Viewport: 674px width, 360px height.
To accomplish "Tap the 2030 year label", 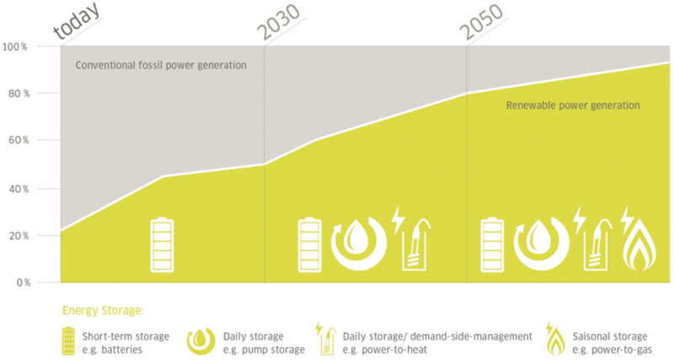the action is pyautogui.click(x=280, y=22).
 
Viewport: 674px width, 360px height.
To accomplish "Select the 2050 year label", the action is pyautogui.click(x=481, y=22).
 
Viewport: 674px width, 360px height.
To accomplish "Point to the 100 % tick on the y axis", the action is pyautogui.click(x=14, y=47).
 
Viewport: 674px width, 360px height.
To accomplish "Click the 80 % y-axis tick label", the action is pyautogui.click(x=19, y=94).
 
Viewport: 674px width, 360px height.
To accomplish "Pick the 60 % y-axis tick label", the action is pyautogui.click(x=19, y=140).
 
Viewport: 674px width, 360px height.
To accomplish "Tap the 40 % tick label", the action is pyautogui.click(x=19, y=189).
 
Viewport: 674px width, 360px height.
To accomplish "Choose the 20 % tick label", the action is pyautogui.click(x=19, y=236).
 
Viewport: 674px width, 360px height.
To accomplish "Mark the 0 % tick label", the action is pyautogui.click(x=24, y=282).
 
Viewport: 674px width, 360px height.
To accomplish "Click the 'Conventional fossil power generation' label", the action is pyautogui.click(x=161, y=66).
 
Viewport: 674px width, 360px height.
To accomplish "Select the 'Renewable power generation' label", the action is pyautogui.click(x=573, y=105).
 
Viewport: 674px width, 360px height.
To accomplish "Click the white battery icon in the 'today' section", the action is pyautogui.click(x=162, y=244).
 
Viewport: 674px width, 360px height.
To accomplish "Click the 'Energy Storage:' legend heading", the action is pyautogui.click(x=102, y=310).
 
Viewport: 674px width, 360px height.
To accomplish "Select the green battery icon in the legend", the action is pyautogui.click(x=68, y=341).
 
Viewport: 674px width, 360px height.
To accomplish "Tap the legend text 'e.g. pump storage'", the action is pyautogui.click(x=264, y=350).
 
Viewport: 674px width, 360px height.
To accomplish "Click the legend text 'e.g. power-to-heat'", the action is pyautogui.click(x=385, y=350).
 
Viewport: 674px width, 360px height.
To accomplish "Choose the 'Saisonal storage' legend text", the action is pyautogui.click(x=609, y=336).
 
